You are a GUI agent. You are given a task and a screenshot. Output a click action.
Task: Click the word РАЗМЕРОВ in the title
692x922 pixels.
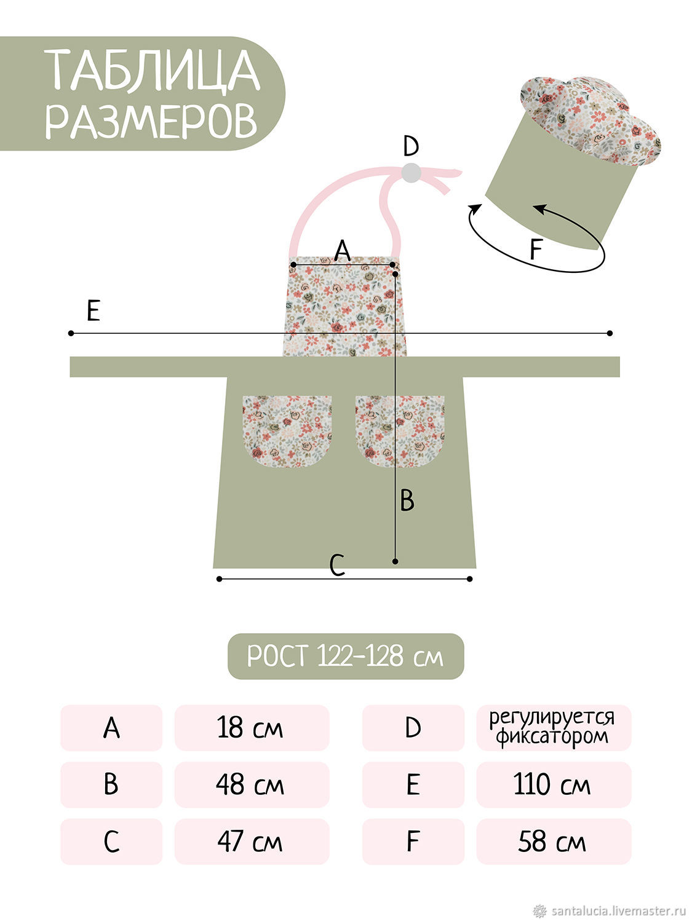coord(151,120)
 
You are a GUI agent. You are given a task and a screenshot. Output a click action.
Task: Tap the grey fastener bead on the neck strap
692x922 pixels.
coord(411,173)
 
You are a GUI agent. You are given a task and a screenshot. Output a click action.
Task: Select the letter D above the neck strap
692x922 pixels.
coord(410,146)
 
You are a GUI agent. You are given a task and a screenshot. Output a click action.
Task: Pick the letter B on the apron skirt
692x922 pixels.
coord(407,500)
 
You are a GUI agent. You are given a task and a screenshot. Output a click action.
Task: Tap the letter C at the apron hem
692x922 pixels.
coord(337,565)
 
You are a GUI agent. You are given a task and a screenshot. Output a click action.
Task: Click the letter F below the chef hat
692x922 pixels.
coord(535,249)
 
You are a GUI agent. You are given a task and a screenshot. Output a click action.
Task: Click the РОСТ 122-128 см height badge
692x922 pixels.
coord(345,656)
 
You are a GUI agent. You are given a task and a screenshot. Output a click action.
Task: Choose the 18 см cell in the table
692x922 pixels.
coord(252,728)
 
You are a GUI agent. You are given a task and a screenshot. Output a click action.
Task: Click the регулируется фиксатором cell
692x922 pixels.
coord(554,728)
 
